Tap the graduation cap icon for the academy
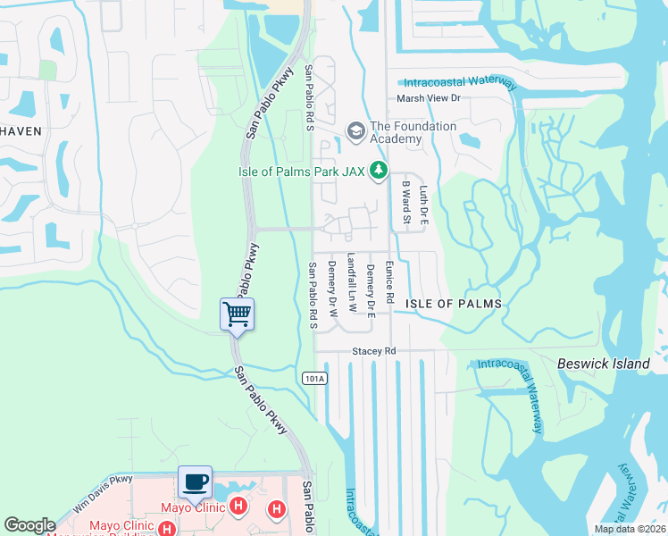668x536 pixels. (355, 131)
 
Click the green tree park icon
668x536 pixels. (379, 169)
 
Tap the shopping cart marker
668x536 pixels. (237, 314)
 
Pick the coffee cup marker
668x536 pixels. (196, 482)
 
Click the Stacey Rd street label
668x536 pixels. (373, 352)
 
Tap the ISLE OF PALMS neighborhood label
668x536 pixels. (454, 304)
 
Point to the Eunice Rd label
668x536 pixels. (389, 281)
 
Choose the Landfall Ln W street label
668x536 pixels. (351, 281)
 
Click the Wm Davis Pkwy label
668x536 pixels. (103, 491)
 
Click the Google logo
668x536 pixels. (29, 525)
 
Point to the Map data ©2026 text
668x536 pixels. (629, 529)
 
